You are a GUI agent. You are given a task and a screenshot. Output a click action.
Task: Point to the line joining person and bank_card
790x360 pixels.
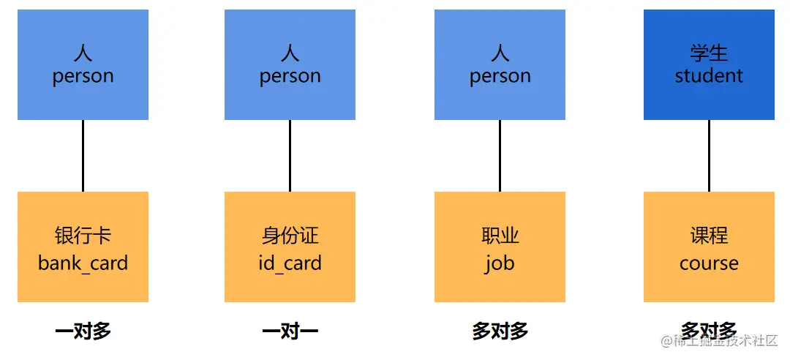click(x=83, y=156)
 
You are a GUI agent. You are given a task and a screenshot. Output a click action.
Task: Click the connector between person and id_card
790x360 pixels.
click(x=290, y=156)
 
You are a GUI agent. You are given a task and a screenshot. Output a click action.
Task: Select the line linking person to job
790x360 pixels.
click(x=500, y=156)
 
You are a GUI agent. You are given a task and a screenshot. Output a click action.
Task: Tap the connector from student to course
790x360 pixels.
click(x=709, y=156)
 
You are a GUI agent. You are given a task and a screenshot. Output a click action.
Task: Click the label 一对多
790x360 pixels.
click(x=83, y=331)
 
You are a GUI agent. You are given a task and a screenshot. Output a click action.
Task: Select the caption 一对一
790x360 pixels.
click(x=290, y=331)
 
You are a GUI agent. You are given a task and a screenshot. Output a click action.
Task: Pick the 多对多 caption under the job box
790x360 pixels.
click(x=500, y=331)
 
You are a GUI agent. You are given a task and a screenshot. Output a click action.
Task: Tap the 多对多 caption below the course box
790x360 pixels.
click(x=708, y=330)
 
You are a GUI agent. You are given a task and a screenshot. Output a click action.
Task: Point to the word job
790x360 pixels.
click(x=500, y=263)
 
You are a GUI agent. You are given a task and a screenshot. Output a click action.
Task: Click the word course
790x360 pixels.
click(x=709, y=263)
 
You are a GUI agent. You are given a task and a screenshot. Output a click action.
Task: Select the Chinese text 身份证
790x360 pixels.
click(x=290, y=236)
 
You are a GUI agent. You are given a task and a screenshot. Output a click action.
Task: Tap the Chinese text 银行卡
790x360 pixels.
click(x=83, y=236)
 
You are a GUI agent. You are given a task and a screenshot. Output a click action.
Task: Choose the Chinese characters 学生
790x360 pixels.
click(x=709, y=53)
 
